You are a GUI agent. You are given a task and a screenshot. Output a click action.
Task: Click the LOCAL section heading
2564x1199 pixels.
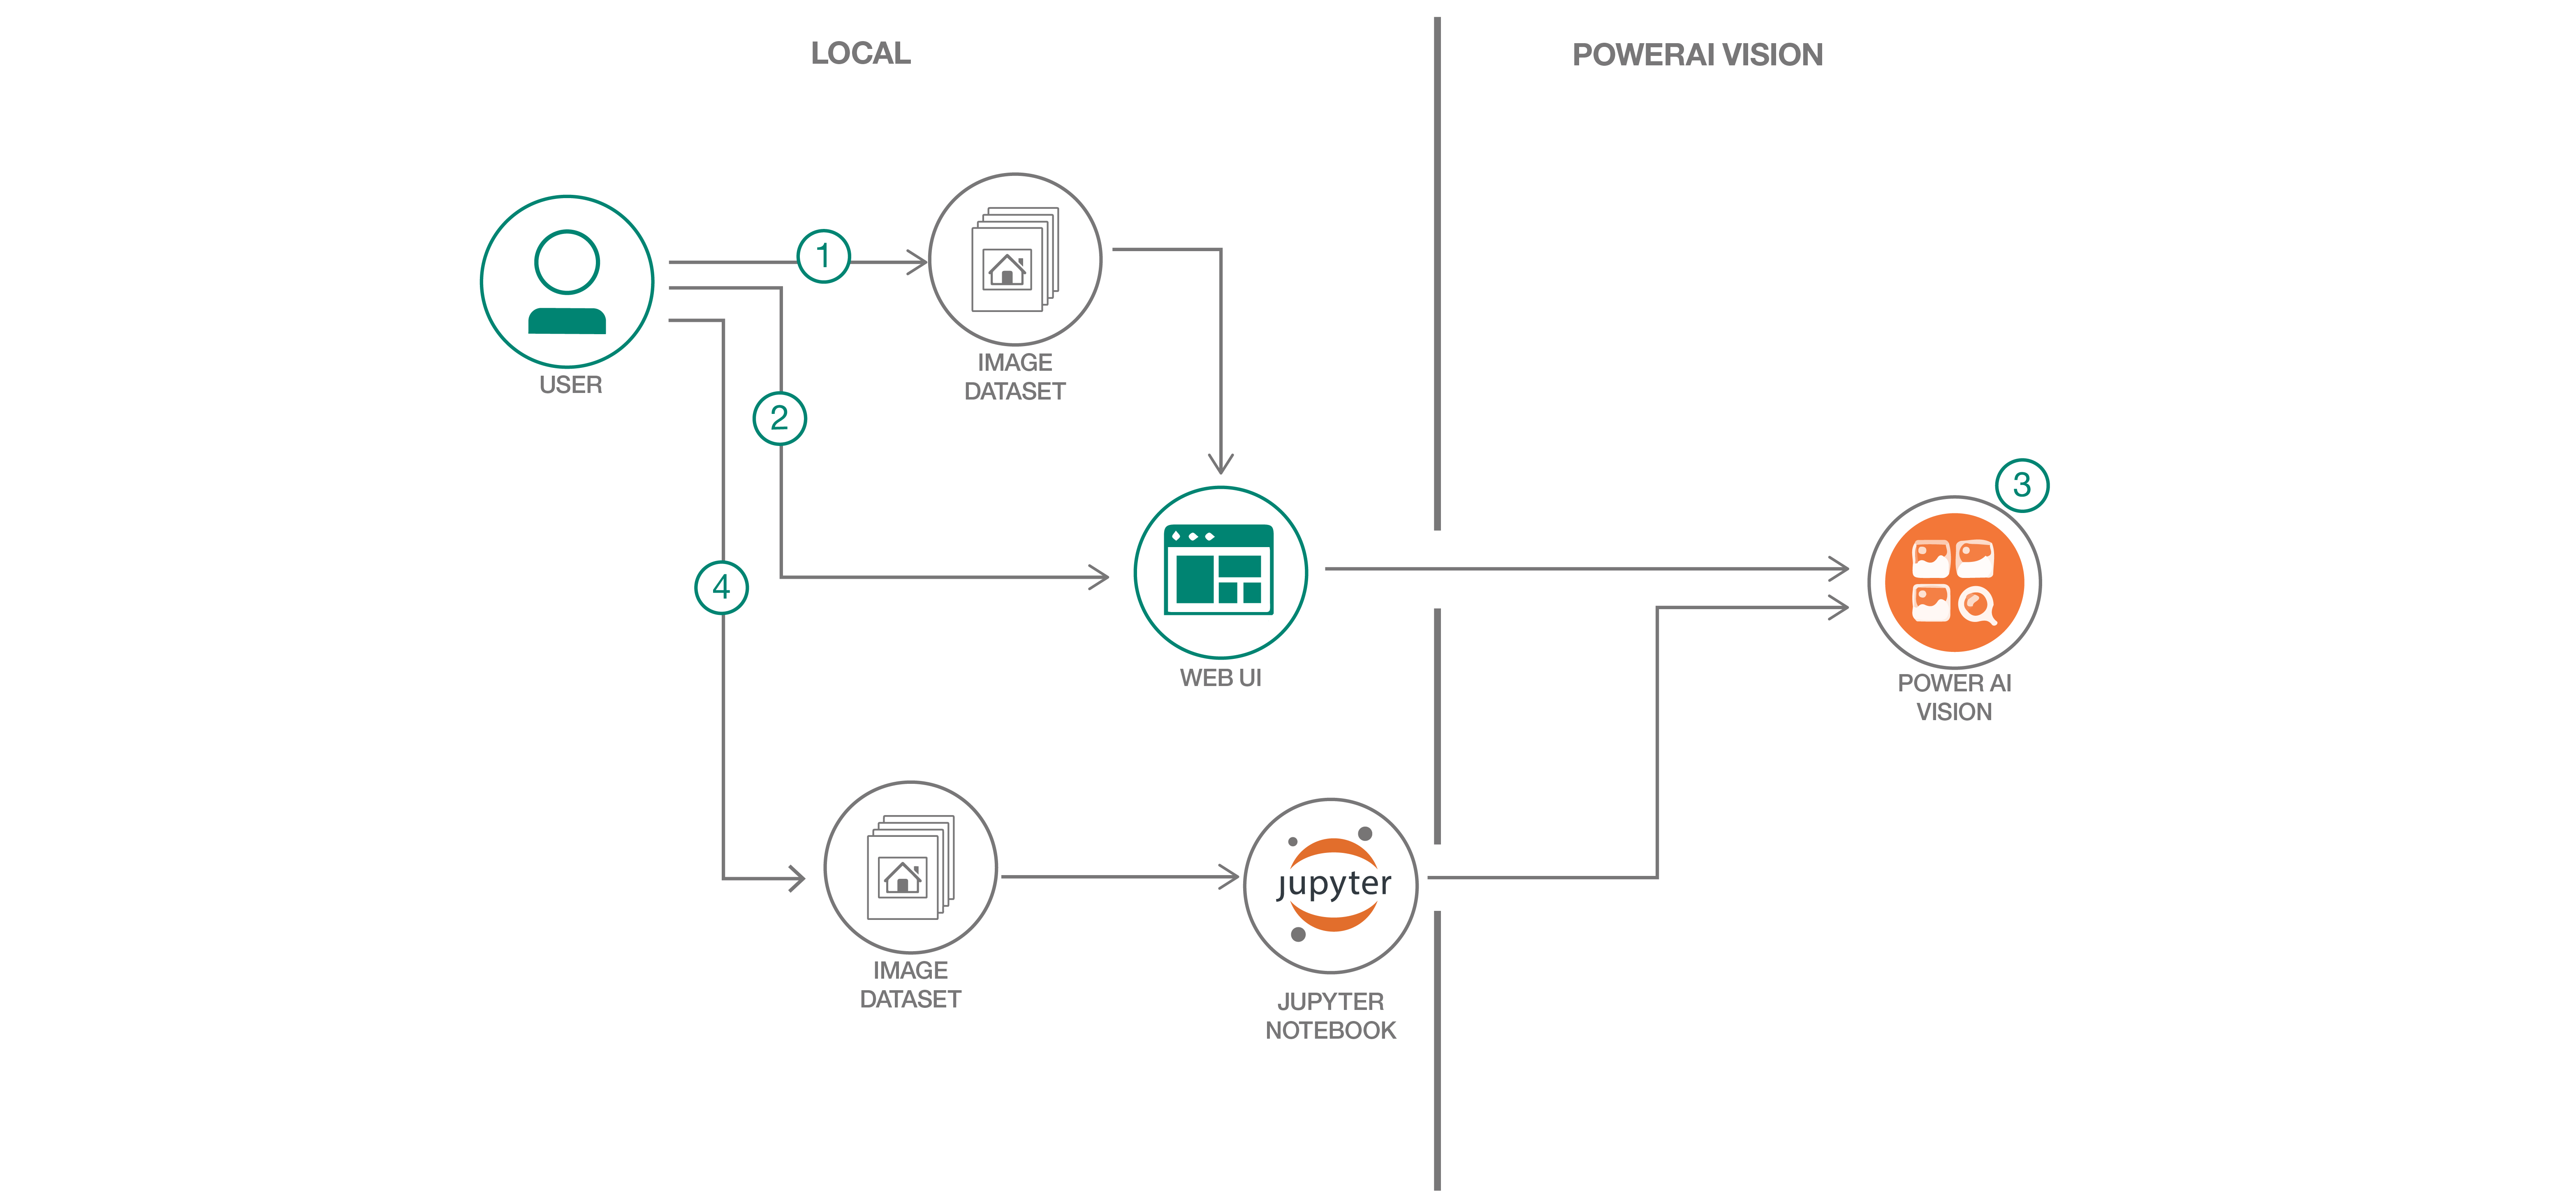point(860,54)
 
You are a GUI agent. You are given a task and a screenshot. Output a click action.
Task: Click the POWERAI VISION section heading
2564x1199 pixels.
point(1697,55)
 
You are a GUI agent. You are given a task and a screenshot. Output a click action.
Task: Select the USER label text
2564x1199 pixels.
point(570,385)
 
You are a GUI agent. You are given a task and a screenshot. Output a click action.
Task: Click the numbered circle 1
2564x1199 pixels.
point(823,257)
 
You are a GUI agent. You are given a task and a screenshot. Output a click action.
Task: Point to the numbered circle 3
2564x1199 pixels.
point(2022,485)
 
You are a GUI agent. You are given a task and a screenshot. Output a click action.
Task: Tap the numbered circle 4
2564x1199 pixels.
point(722,587)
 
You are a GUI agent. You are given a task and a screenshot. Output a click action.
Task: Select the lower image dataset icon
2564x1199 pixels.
point(910,868)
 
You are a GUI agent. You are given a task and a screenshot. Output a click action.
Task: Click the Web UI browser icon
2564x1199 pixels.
point(1220,572)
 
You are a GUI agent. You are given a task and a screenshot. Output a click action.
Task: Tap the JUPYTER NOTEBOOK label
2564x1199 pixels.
point(1331,1016)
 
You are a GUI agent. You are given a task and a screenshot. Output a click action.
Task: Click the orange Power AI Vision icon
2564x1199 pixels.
point(1954,582)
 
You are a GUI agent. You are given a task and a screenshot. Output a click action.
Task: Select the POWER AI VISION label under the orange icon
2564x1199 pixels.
point(1954,698)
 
